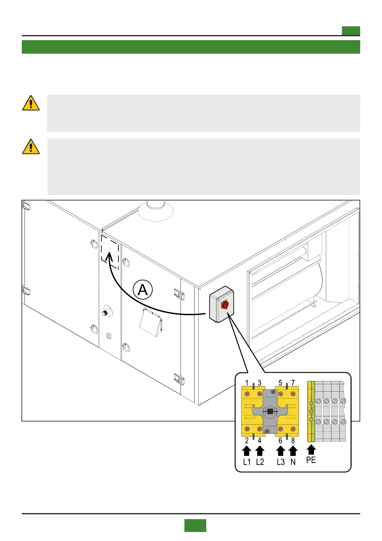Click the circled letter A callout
[143, 290]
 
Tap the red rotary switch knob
[225, 305]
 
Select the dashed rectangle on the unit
[110, 252]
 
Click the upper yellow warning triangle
[31, 103]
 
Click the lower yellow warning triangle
[31, 147]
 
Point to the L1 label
[247, 462]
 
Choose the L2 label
[260, 462]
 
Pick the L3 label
[281, 462]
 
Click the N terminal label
[293, 462]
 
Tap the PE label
[311, 460]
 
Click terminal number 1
[247, 383]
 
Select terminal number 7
[293, 383]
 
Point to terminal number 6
[280, 441]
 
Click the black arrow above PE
[311, 449]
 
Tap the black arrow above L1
[247, 451]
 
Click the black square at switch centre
[270, 411]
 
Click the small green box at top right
[351, 31]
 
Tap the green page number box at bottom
[195, 525]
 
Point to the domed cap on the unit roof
[156, 210]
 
